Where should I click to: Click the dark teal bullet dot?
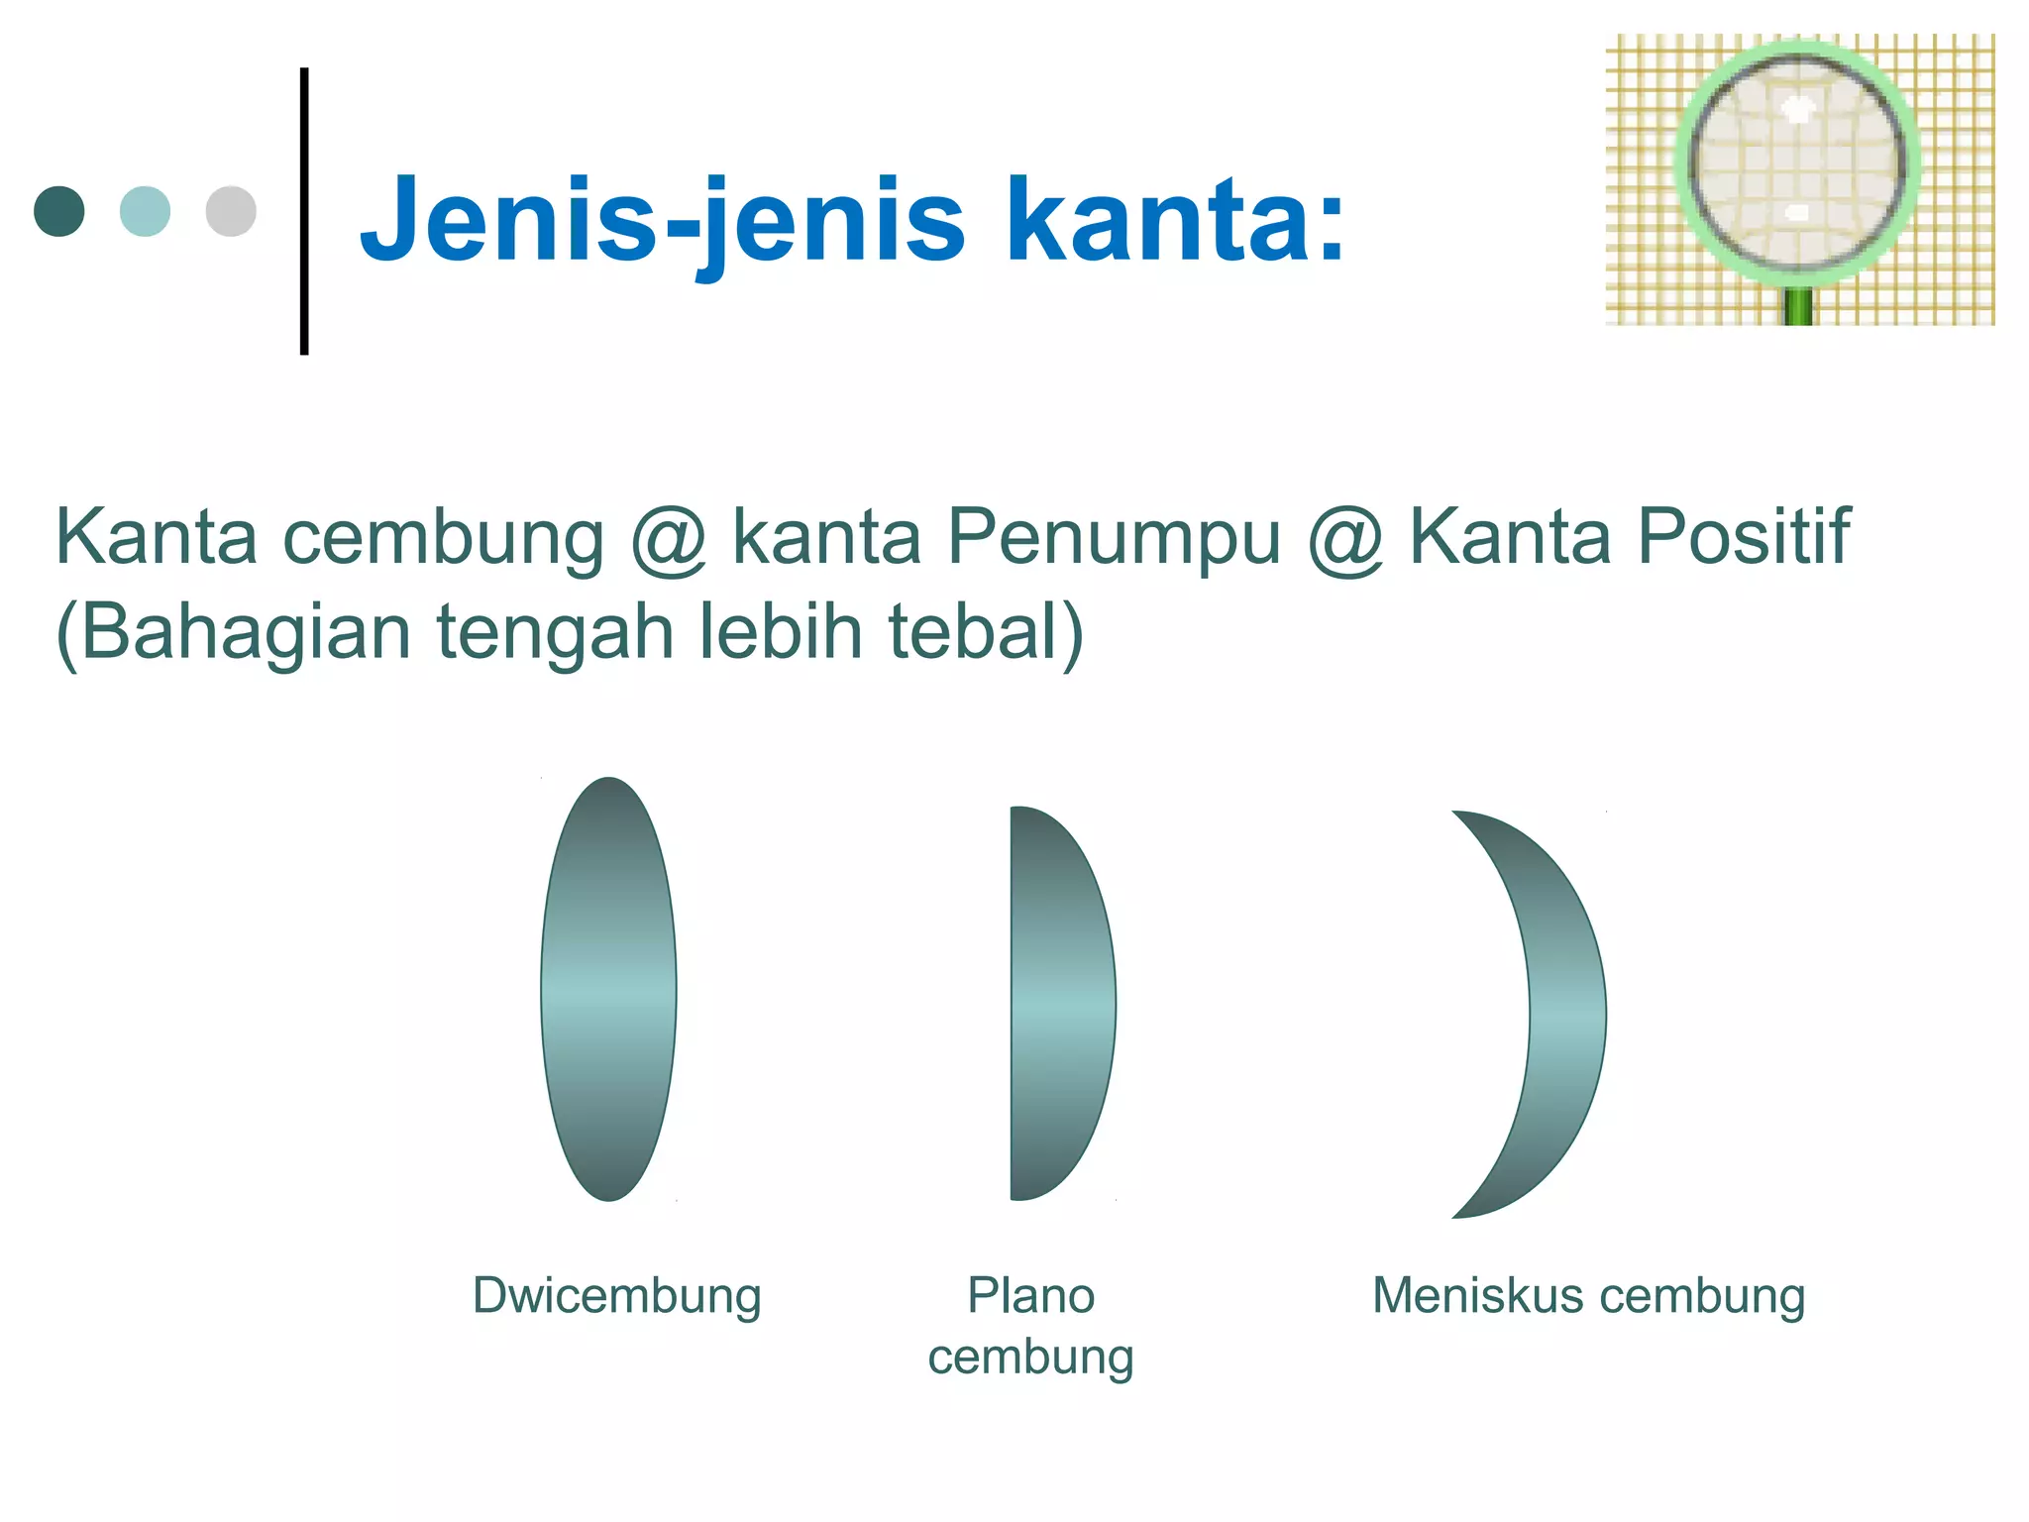click(x=59, y=211)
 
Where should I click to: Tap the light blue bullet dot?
click(x=145, y=211)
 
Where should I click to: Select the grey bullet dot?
click(x=231, y=211)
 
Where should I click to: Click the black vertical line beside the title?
click(x=304, y=210)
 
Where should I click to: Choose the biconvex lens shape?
click(x=608, y=989)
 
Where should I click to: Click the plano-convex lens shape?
click(x=1058, y=1003)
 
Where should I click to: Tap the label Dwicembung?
click(x=616, y=1296)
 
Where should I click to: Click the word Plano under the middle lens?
click(x=1030, y=1295)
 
